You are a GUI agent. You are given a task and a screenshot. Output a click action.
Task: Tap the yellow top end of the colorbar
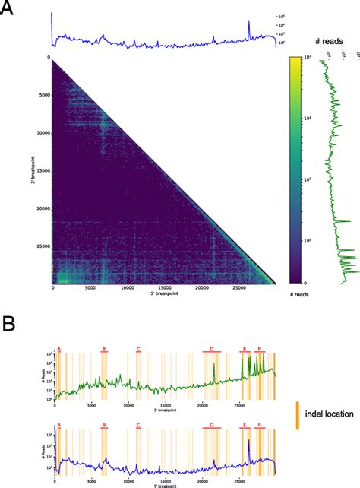pyautogui.click(x=296, y=60)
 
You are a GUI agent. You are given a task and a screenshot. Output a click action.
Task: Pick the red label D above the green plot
pyautogui.click(x=212, y=349)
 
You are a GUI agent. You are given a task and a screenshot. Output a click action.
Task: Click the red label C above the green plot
pyautogui.click(x=138, y=349)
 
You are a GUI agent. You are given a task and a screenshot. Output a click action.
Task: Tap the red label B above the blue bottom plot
pyautogui.click(x=104, y=426)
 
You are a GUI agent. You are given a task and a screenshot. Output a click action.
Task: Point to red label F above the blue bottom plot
pyautogui.click(x=261, y=426)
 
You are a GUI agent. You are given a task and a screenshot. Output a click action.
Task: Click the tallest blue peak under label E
pyautogui.click(x=248, y=442)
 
